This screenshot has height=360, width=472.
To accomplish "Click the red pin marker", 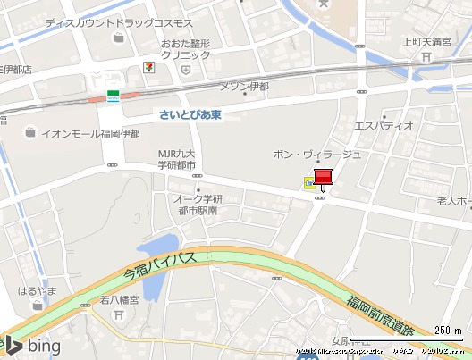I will [323, 178].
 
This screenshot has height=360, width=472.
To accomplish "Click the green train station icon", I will [114, 95].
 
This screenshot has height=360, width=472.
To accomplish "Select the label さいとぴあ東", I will [190, 115].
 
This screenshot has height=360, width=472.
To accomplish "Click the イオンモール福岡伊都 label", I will [89, 133].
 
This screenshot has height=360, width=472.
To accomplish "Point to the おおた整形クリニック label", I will [185, 48].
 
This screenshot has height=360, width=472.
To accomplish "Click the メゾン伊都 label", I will [244, 87].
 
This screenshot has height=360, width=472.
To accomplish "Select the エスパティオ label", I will [384, 125].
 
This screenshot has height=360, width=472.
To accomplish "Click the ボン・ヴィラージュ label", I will [317, 154].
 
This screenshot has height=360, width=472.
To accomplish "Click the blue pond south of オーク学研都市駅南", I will [156, 259].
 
